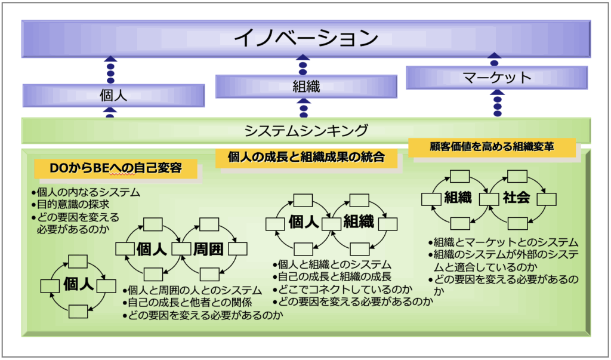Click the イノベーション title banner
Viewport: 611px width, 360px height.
coord(305,38)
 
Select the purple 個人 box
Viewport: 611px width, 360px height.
coord(113,96)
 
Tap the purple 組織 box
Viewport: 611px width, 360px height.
coord(306,87)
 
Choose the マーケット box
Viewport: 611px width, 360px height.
coord(496,78)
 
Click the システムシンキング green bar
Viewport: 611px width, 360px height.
coord(305,130)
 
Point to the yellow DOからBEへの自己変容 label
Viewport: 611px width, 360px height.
coord(116,168)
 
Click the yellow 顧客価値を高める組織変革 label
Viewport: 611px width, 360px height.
coord(492,147)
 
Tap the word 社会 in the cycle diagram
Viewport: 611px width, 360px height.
coord(517,198)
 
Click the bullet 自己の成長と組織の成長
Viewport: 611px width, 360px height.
coord(331,276)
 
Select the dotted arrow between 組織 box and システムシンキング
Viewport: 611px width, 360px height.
coord(304,108)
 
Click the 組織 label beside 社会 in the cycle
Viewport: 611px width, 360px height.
coord(458,198)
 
